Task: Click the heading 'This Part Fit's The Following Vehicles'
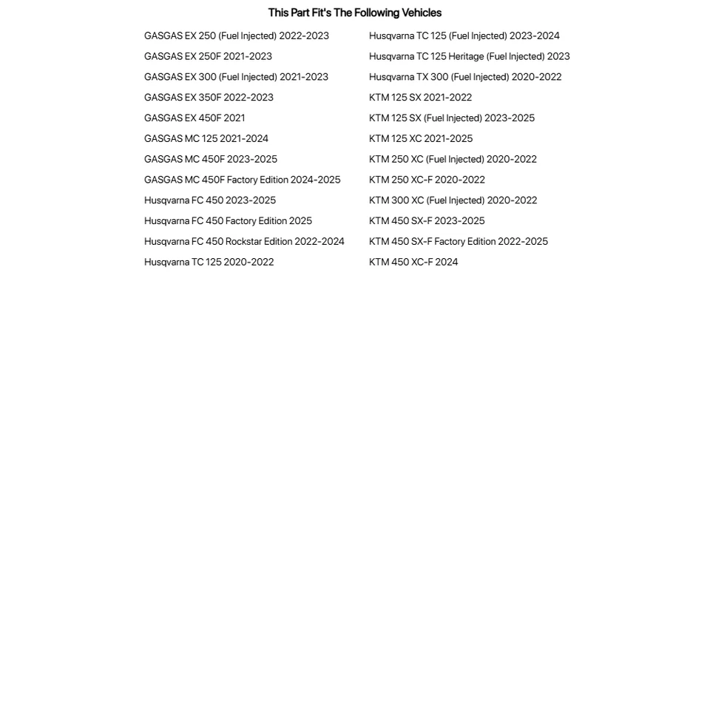tap(354, 13)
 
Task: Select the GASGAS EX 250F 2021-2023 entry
tap(208, 56)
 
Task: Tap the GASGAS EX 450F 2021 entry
tap(195, 118)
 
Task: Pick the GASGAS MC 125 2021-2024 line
tap(206, 138)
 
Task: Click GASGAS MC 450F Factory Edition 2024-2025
tap(242, 180)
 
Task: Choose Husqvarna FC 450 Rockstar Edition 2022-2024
tap(244, 241)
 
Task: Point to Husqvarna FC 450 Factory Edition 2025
tap(228, 220)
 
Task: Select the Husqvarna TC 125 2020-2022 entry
tap(209, 262)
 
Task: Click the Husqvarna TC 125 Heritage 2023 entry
tap(469, 56)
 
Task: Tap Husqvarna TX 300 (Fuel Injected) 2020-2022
tap(465, 77)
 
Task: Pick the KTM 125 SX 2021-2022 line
tap(420, 97)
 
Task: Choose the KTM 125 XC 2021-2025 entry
tap(421, 138)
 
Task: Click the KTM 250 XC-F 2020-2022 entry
tap(427, 180)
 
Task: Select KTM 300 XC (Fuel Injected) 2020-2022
tap(453, 200)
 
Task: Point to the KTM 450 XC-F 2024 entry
tap(413, 262)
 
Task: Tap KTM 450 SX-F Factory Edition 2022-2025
tap(459, 241)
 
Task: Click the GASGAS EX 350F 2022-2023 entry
tap(209, 97)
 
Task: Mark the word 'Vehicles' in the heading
tap(421, 13)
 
